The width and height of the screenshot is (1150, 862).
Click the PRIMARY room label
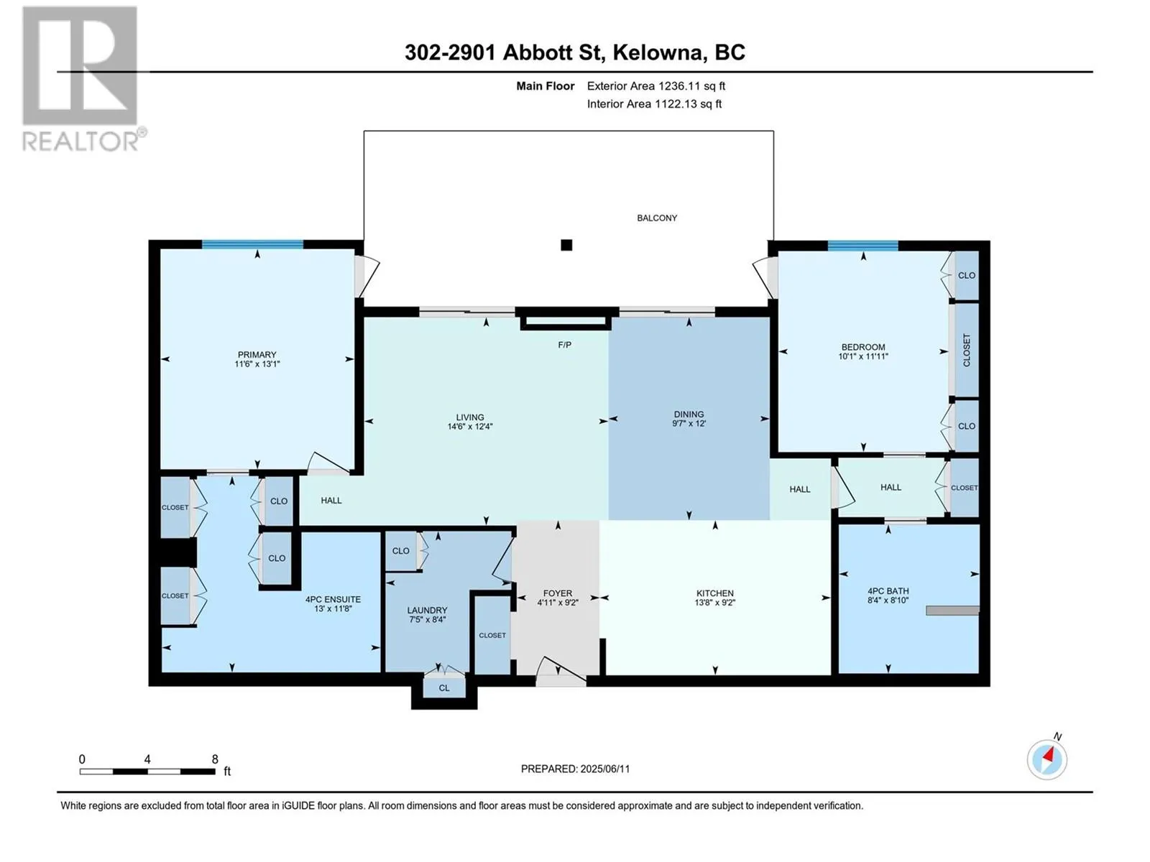tap(257, 354)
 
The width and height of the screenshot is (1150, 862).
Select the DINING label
tap(689, 414)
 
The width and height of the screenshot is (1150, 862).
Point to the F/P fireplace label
tap(564, 345)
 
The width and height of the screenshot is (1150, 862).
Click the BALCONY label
tap(657, 218)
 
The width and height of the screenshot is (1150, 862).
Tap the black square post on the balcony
tap(566, 245)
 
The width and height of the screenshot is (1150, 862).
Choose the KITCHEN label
tap(714, 593)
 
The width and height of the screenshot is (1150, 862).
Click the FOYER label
tap(558, 593)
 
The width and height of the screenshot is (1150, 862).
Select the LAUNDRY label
tap(427, 611)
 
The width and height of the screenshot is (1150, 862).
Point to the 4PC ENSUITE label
tap(333, 599)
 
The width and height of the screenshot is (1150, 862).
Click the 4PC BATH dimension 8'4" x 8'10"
tap(888, 601)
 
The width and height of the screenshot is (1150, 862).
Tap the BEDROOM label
tap(863, 347)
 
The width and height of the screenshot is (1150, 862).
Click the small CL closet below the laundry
tap(444, 687)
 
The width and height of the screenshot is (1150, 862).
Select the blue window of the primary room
tap(252, 244)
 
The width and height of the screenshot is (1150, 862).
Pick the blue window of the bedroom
tap(863, 246)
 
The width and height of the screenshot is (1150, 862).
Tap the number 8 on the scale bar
tap(215, 759)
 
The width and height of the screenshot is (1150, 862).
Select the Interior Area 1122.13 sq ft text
tap(654, 103)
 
